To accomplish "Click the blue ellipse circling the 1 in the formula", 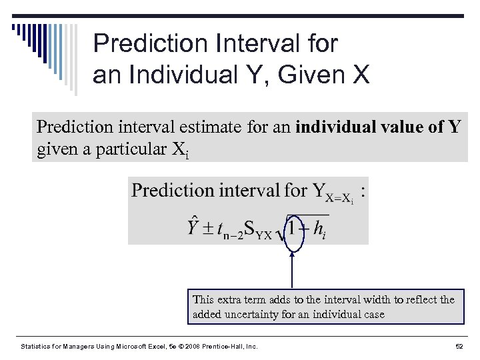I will click(293, 228).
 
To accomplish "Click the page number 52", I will click(459, 347).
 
